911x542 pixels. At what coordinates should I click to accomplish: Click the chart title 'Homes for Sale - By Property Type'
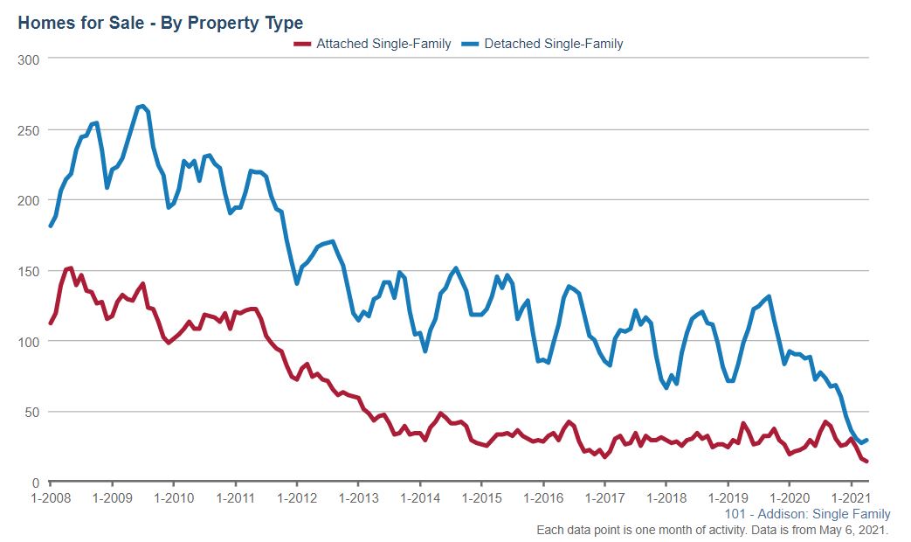160,23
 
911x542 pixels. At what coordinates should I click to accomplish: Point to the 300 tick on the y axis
31,59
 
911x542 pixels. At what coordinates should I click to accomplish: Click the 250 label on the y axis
31,129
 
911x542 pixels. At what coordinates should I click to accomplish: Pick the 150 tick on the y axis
31,271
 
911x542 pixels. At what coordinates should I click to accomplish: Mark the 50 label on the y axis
34,412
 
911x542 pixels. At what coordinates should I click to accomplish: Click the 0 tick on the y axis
37,483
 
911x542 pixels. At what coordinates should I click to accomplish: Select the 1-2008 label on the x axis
50,497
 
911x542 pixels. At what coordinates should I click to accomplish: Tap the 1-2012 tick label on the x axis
297,497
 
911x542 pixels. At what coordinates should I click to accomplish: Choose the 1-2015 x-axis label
481,497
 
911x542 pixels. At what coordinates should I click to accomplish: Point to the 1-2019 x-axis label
728,497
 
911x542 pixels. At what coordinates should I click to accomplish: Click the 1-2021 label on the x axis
852,497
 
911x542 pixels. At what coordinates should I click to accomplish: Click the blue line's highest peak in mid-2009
142,107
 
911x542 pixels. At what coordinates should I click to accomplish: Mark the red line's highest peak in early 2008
70,268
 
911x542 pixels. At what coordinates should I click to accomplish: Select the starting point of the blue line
51,226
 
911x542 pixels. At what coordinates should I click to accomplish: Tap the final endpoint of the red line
866,462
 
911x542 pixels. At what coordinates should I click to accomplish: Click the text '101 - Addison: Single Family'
808,514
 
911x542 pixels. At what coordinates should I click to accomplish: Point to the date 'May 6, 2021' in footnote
852,531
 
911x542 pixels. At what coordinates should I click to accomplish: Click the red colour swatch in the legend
302,44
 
